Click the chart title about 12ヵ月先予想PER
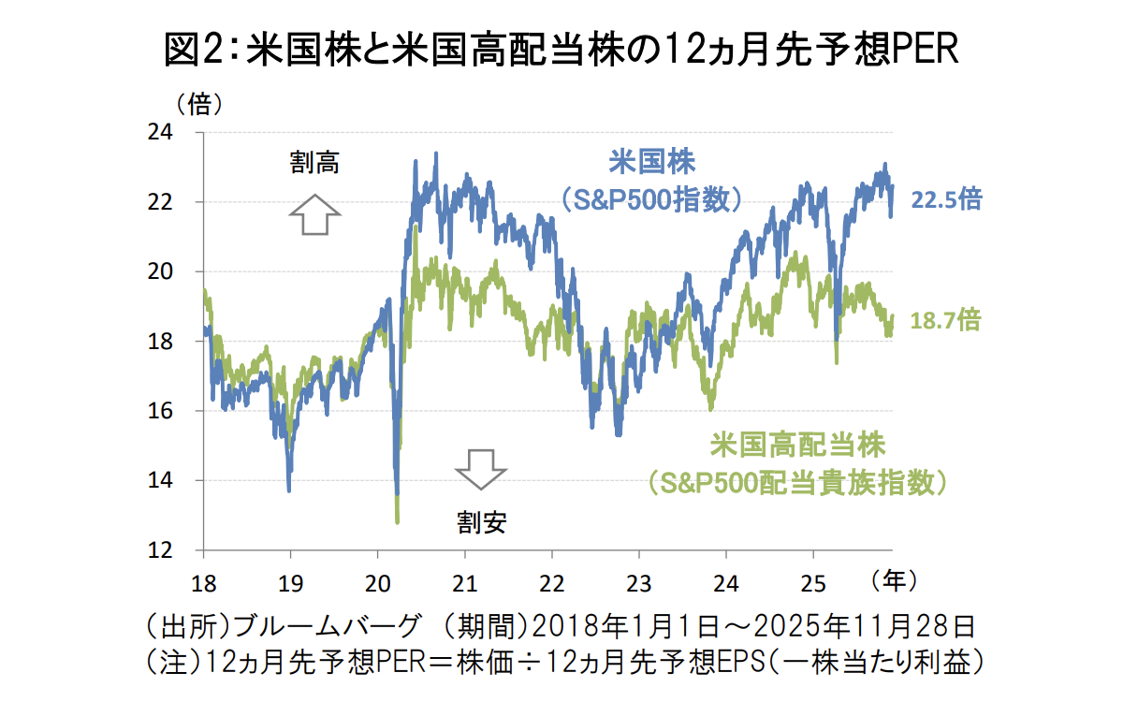(x=561, y=50)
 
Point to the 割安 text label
(x=482, y=521)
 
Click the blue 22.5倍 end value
(x=946, y=199)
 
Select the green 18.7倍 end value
(x=946, y=321)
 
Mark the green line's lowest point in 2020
(x=398, y=520)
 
